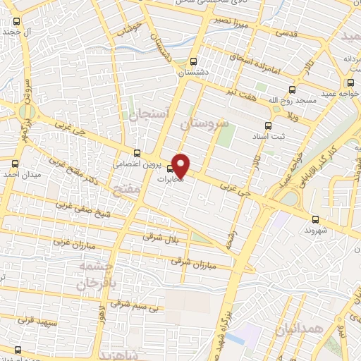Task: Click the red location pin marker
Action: (x=181, y=165)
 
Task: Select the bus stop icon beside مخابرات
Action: (x=170, y=169)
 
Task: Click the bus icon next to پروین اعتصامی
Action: (x=137, y=152)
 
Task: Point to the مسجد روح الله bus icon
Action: (x=292, y=90)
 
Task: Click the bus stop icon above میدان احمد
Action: (x=16, y=162)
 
